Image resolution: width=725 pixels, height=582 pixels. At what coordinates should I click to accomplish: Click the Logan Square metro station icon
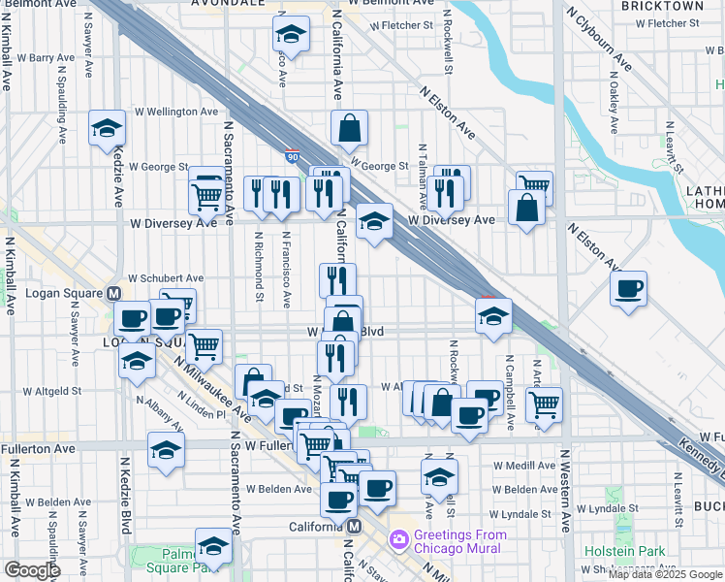(113, 293)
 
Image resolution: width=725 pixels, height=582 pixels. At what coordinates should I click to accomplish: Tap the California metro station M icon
(355, 526)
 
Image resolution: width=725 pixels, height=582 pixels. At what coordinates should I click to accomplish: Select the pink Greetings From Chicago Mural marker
(398, 538)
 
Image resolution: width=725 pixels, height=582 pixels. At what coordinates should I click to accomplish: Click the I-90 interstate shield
(292, 155)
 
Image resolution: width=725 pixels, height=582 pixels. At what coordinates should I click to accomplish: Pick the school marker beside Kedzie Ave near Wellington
(107, 128)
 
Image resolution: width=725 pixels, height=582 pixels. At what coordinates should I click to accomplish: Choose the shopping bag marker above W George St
(349, 127)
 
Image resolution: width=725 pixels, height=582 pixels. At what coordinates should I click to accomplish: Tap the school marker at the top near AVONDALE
(289, 35)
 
